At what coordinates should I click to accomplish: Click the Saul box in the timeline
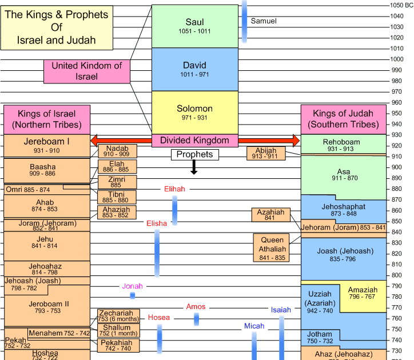tap(194, 26)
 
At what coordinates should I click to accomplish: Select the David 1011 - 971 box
tap(194, 69)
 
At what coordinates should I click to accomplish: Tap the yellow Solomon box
tap(194, 112)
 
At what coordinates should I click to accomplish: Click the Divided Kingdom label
tap(194, 141)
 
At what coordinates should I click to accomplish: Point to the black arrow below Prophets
tap(194, 167)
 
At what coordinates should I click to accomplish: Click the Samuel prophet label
tap(264, 21)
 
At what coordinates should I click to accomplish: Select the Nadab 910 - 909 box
tap(117, 151)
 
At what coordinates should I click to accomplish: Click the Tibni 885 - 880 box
tap(117, 197)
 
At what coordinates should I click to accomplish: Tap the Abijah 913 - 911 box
tap(266, 153)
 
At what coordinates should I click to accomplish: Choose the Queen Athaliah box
tap(272, 247)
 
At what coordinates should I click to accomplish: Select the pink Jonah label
tap(132, 286)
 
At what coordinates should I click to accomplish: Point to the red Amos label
tap(196, 307)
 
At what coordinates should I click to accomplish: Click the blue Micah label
tap(254, 326)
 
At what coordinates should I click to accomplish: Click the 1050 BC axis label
tap(397, 5)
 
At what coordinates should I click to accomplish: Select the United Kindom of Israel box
tap(87, 71)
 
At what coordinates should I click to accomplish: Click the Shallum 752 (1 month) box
tap(117, 330)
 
